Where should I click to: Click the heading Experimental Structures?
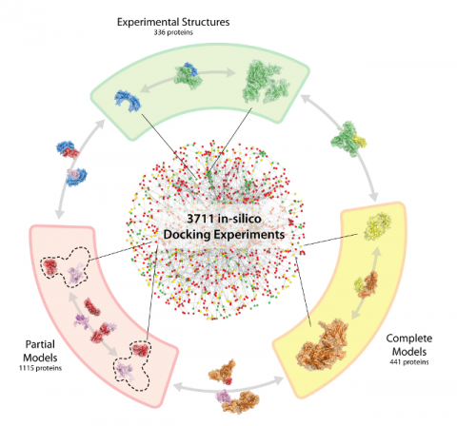(173, 22)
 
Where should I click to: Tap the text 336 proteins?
(173, 32)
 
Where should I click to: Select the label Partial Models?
(40, 351)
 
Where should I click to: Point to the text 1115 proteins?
(40, 368)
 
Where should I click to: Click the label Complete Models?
(409, 345)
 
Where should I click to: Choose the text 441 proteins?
(409, 362)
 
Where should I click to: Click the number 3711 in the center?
(200, 219)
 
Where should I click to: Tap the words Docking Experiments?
(224, 235)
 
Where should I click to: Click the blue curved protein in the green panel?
(128, 100)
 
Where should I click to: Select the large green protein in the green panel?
(266, 82)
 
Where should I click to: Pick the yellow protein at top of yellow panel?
(377, 226)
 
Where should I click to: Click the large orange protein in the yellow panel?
(322, 345)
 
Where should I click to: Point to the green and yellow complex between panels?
(348, 139)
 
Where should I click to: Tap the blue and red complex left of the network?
(68, 149)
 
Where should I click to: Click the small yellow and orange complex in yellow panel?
(367, 284)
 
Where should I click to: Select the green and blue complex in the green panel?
(188, 75)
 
